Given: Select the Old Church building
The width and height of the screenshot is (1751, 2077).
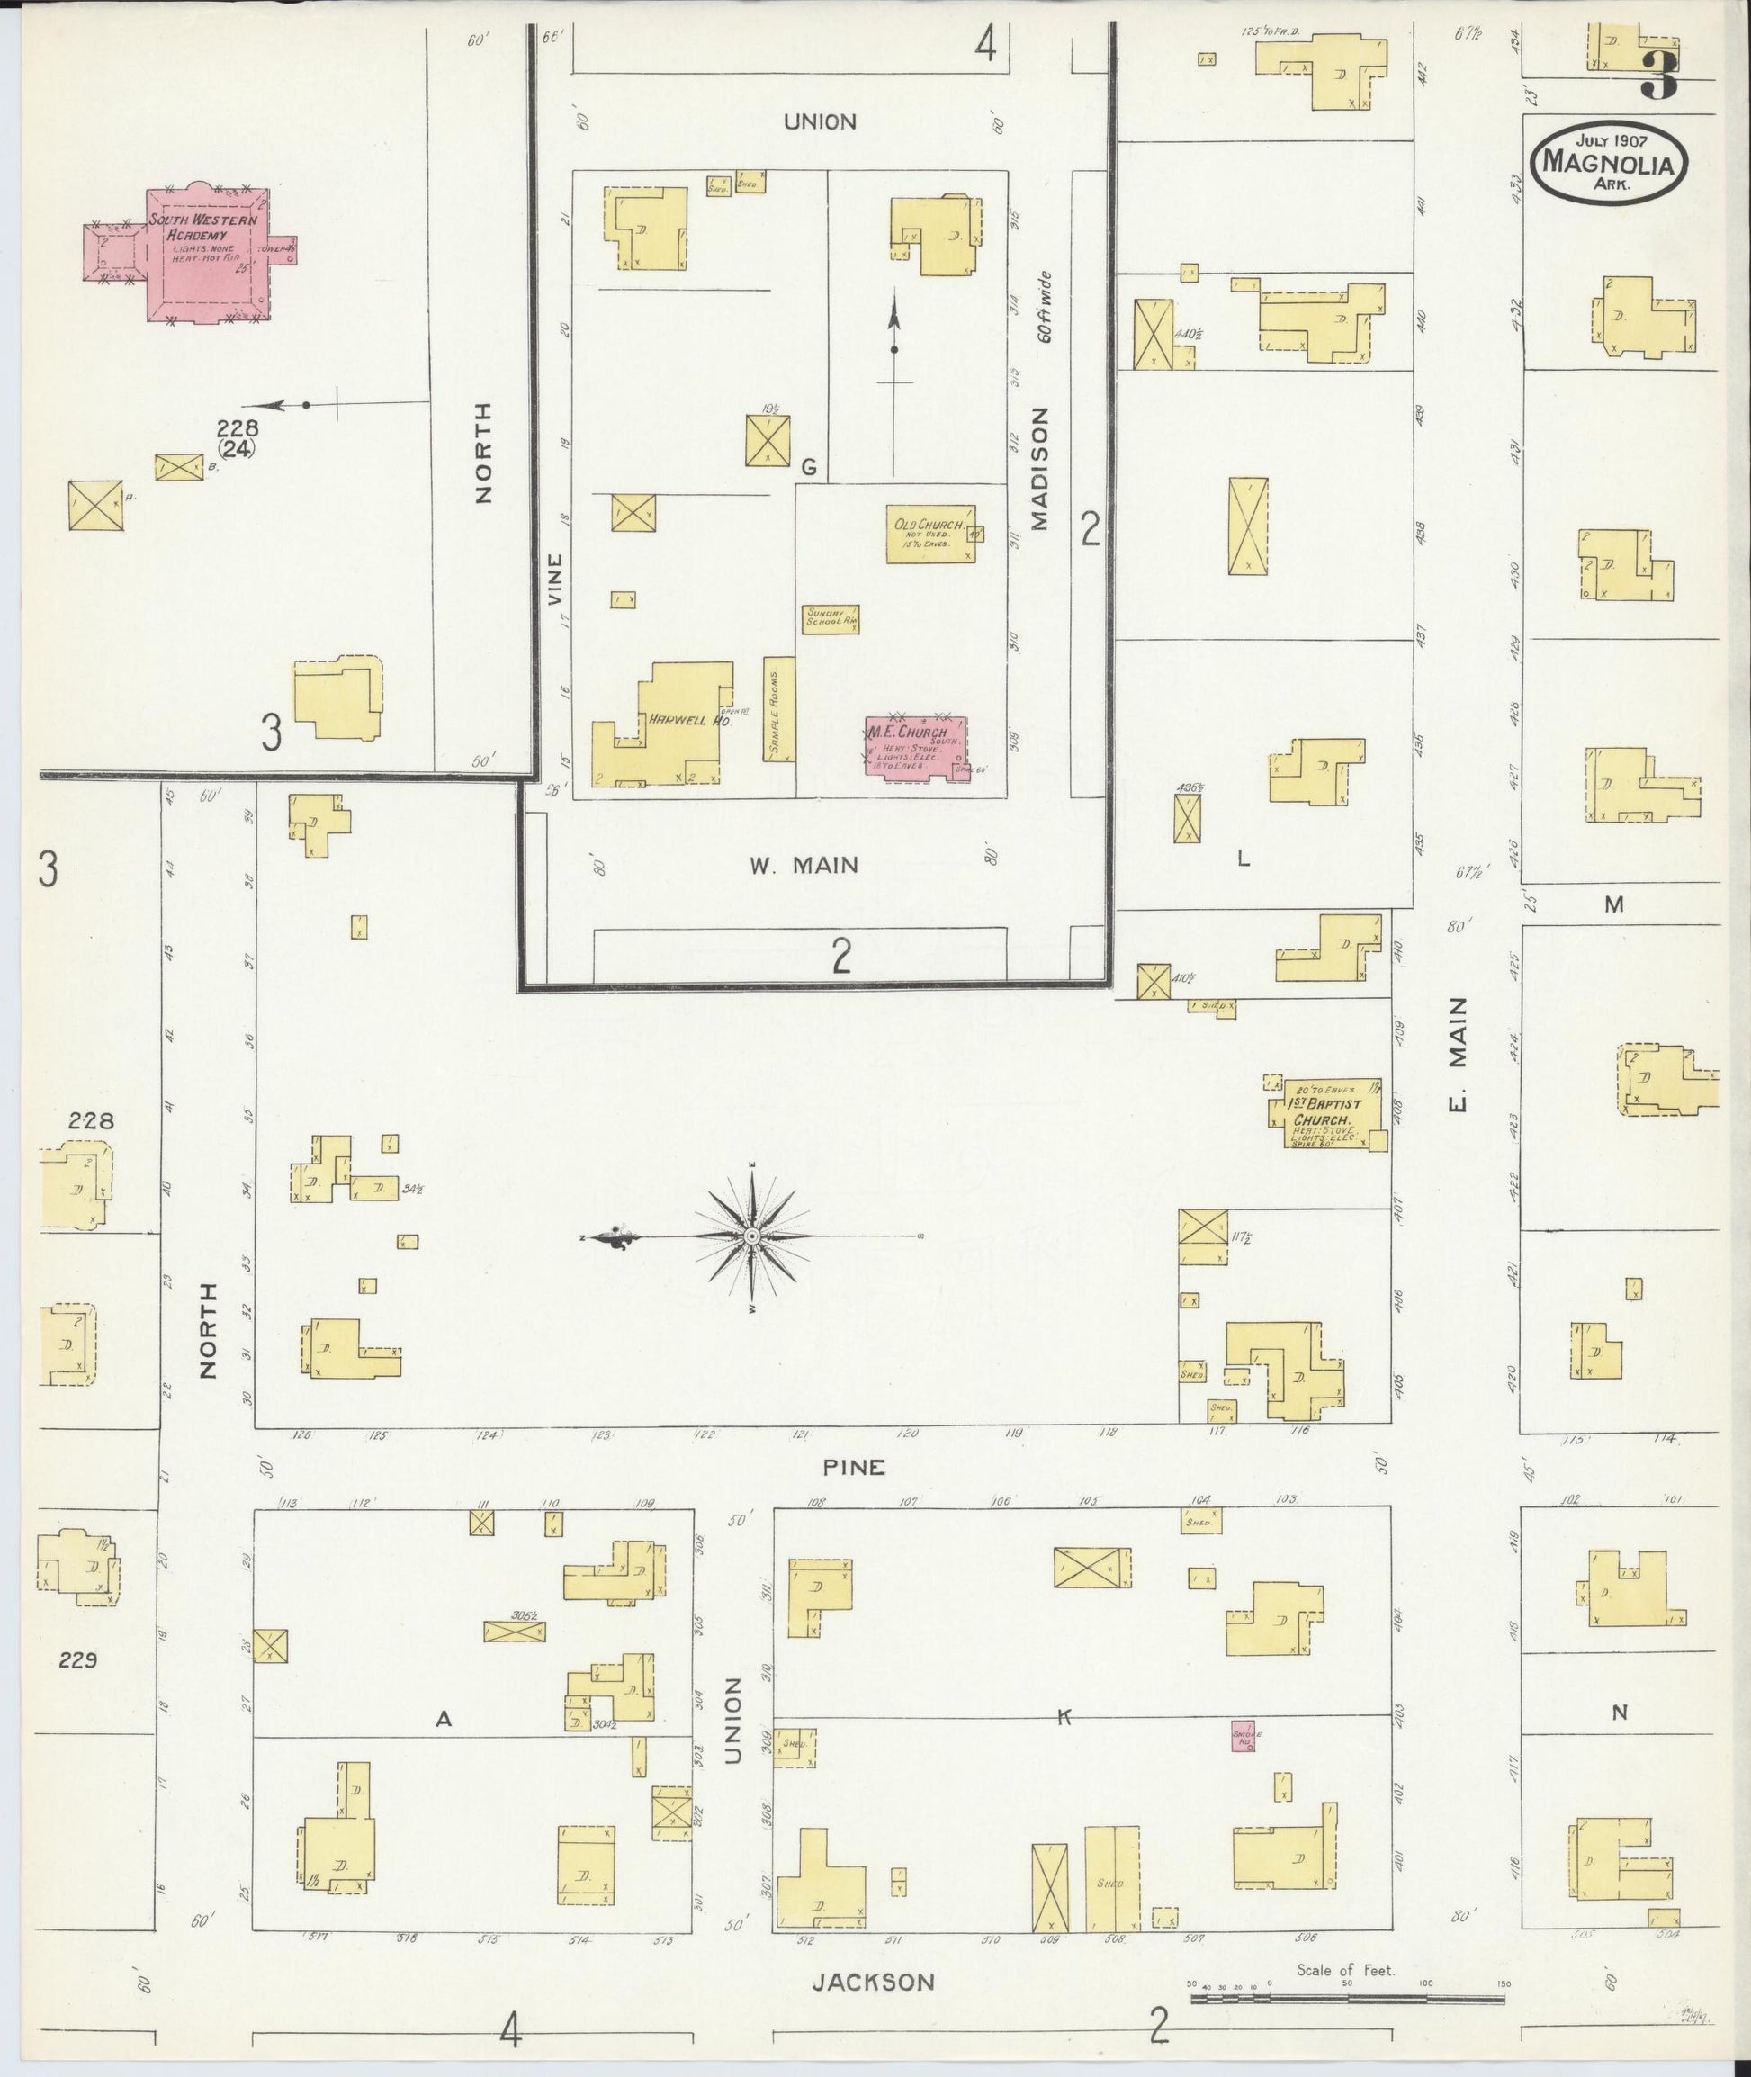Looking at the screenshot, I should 930,535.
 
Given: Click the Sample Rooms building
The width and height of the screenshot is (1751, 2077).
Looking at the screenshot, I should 779,708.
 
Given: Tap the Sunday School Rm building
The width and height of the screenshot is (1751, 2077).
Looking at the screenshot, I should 830,619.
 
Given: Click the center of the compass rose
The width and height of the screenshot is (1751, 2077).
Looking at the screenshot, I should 752,1236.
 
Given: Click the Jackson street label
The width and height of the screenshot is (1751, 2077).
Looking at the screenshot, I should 874,1983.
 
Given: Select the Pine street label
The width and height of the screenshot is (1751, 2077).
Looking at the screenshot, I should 854,1467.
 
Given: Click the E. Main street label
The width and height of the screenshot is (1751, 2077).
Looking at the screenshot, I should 1456,1056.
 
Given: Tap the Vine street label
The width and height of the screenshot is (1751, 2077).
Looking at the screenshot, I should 555,580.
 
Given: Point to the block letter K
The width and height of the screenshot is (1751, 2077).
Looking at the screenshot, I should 1064,1717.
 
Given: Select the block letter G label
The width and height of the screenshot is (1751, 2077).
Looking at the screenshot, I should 808,467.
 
